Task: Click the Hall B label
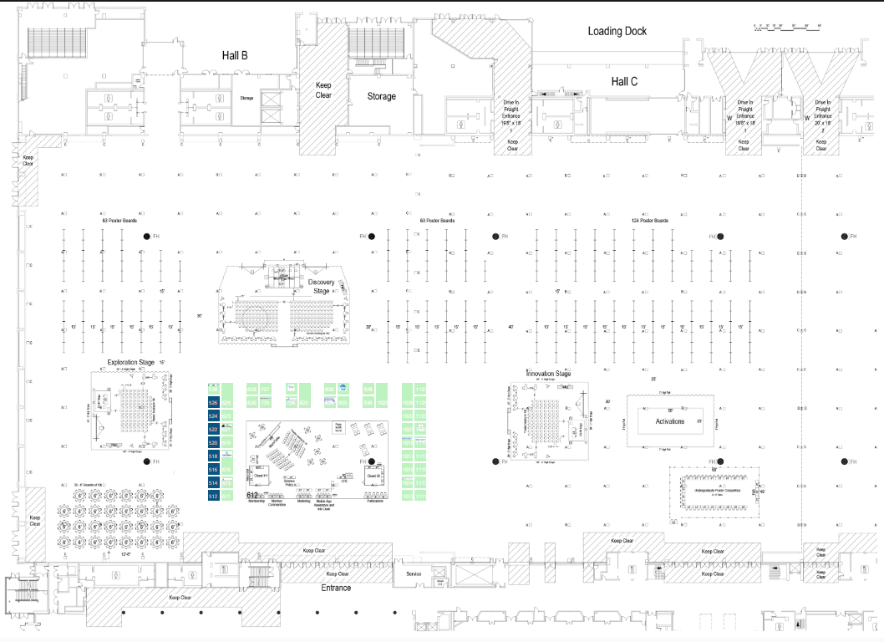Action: tap(234, 56)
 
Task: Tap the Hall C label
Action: tap(624, 81)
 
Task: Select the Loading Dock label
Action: tap(617, 31)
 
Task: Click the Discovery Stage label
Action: tap(322, 287)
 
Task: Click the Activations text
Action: tap(670, 421)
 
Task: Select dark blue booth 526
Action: tap(213, 402)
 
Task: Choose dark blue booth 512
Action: tap(213, 497)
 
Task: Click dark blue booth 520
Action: tap(213, 443)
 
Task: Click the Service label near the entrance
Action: tap(414, 574)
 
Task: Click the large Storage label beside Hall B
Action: tap(381, 96)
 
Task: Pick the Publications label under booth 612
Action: tap(374, 501)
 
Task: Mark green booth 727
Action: tap(266, 390)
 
